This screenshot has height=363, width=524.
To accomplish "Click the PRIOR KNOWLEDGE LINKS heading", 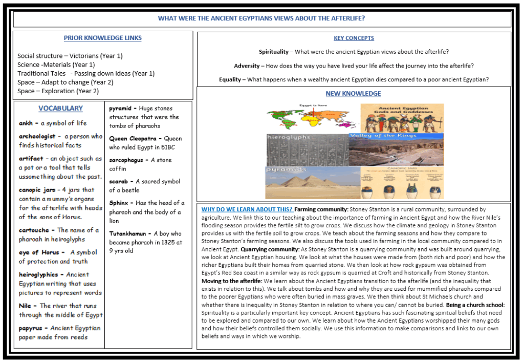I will tap(102, 38).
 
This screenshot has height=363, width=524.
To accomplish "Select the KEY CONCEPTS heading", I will tap(354, 38).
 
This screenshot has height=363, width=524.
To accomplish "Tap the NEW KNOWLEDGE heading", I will tap(353, 94).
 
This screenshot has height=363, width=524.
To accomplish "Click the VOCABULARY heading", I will tap(60, 109).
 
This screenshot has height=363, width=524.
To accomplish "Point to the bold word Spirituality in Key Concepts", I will tap(275, 52).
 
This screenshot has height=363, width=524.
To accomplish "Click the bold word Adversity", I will tap(247, 66).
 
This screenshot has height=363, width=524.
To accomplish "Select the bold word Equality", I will tap(230, 79).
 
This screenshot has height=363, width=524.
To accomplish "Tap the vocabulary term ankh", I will tap(26, 123).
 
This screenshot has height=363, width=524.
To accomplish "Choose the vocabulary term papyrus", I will tap(31, 328).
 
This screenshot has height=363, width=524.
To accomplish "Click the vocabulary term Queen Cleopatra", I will tap(137, 139).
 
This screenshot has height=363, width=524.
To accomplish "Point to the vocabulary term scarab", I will tap(119, 182).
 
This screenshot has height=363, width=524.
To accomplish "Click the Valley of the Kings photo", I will tap(396, 149).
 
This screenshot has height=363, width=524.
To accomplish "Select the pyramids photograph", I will tap(307, 182).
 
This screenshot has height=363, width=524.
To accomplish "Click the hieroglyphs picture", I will tap(307, 150).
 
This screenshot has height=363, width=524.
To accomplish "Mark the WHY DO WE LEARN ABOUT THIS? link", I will tap(247, 209).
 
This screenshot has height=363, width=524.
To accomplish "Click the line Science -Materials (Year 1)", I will tap(56, 65).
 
